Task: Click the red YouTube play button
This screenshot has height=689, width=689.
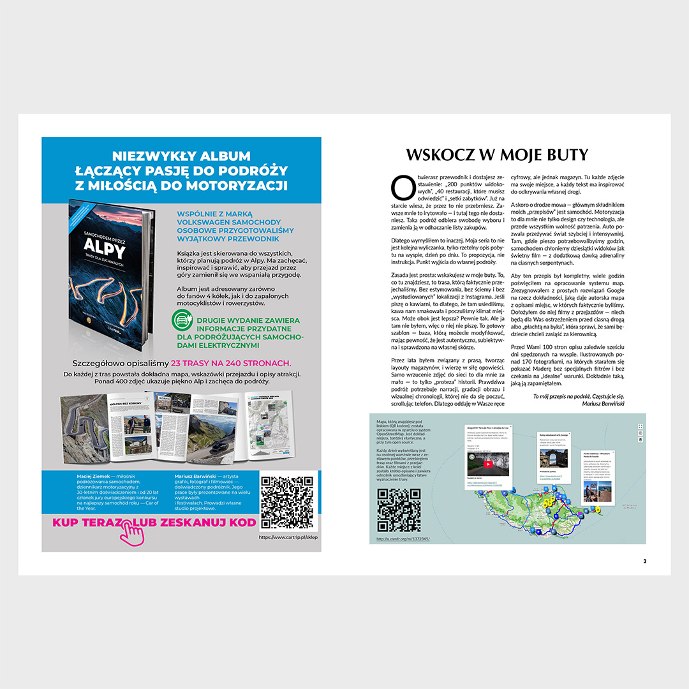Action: point(488,464)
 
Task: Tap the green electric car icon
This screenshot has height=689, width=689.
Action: point(182,323)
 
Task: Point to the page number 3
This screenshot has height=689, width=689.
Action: point(644,561)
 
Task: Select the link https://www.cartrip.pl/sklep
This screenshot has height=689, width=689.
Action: point(288,537)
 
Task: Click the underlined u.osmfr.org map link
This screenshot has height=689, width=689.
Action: point(403,538)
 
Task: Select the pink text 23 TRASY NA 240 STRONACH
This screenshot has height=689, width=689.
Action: point(230,362)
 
